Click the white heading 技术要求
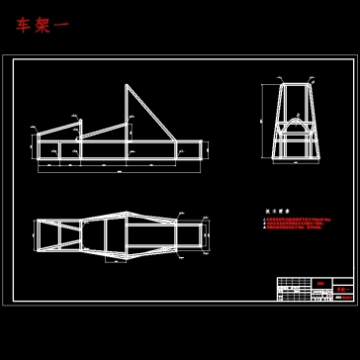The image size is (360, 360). [x=274, y=211]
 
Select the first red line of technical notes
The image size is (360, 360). [x=294, y=219]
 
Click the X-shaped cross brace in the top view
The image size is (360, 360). [x=68, y=228]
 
